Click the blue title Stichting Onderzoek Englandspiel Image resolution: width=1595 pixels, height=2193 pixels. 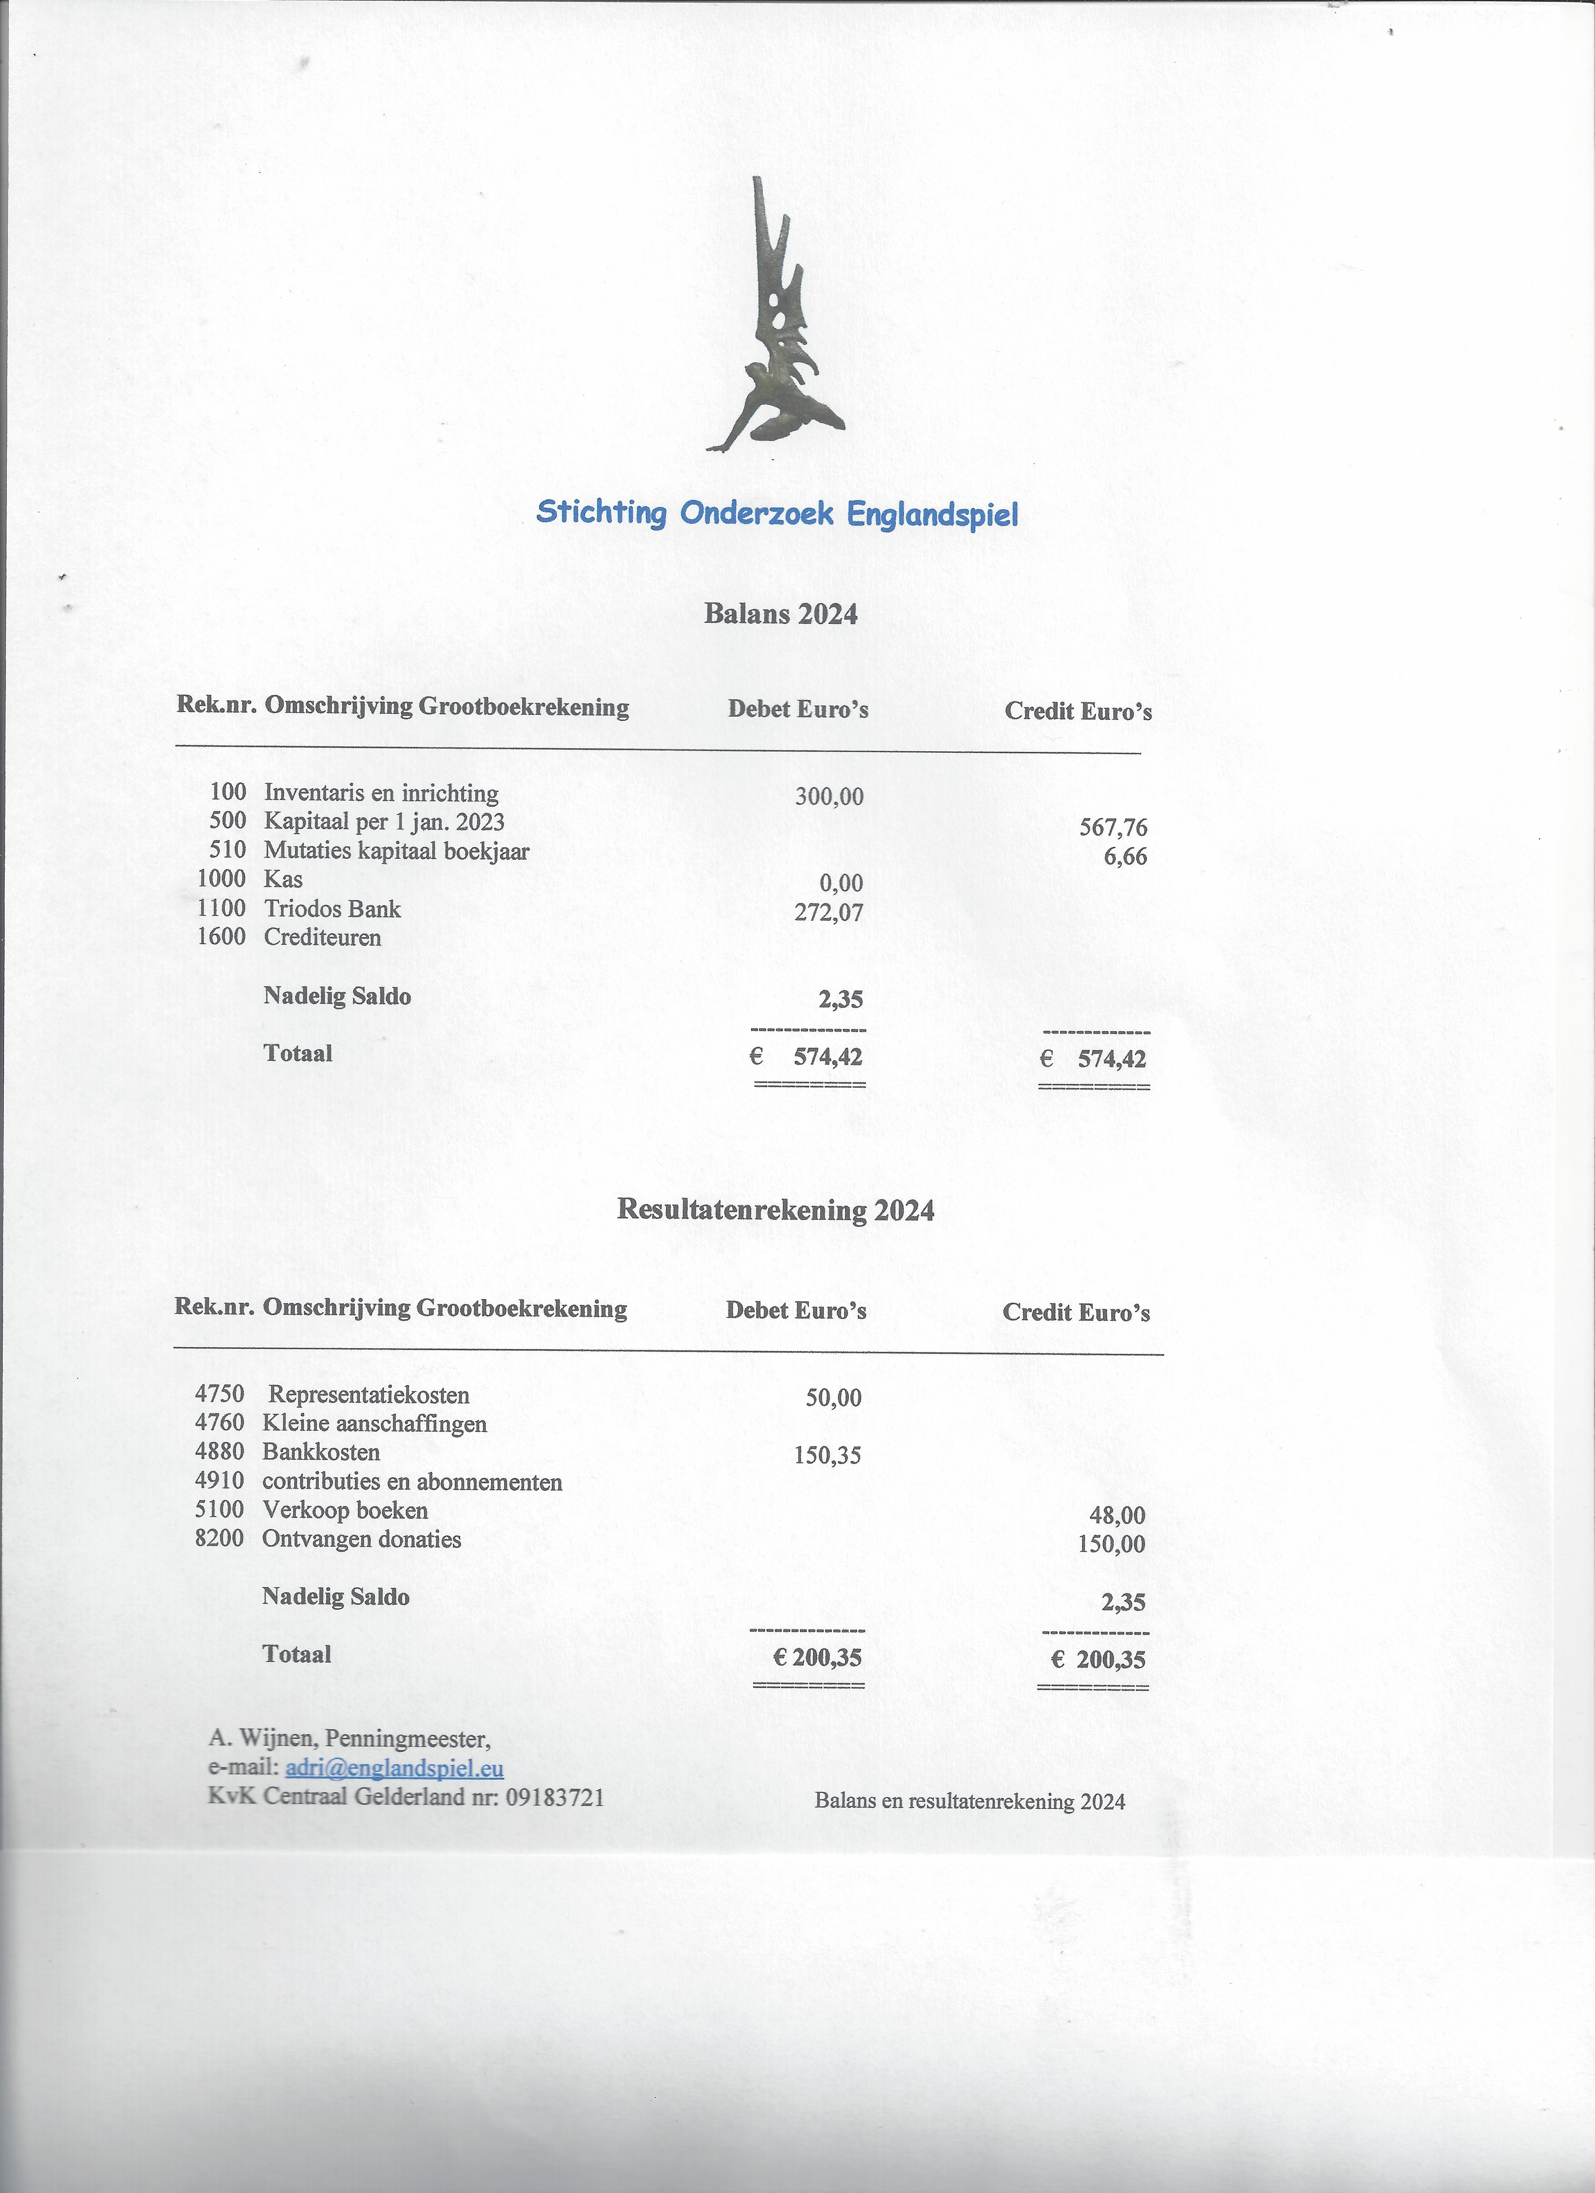777,512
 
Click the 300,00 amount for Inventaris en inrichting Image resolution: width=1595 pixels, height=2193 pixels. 829,797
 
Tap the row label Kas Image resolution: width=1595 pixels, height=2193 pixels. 283,879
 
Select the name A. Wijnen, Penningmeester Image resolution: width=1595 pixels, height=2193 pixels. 349,1738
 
